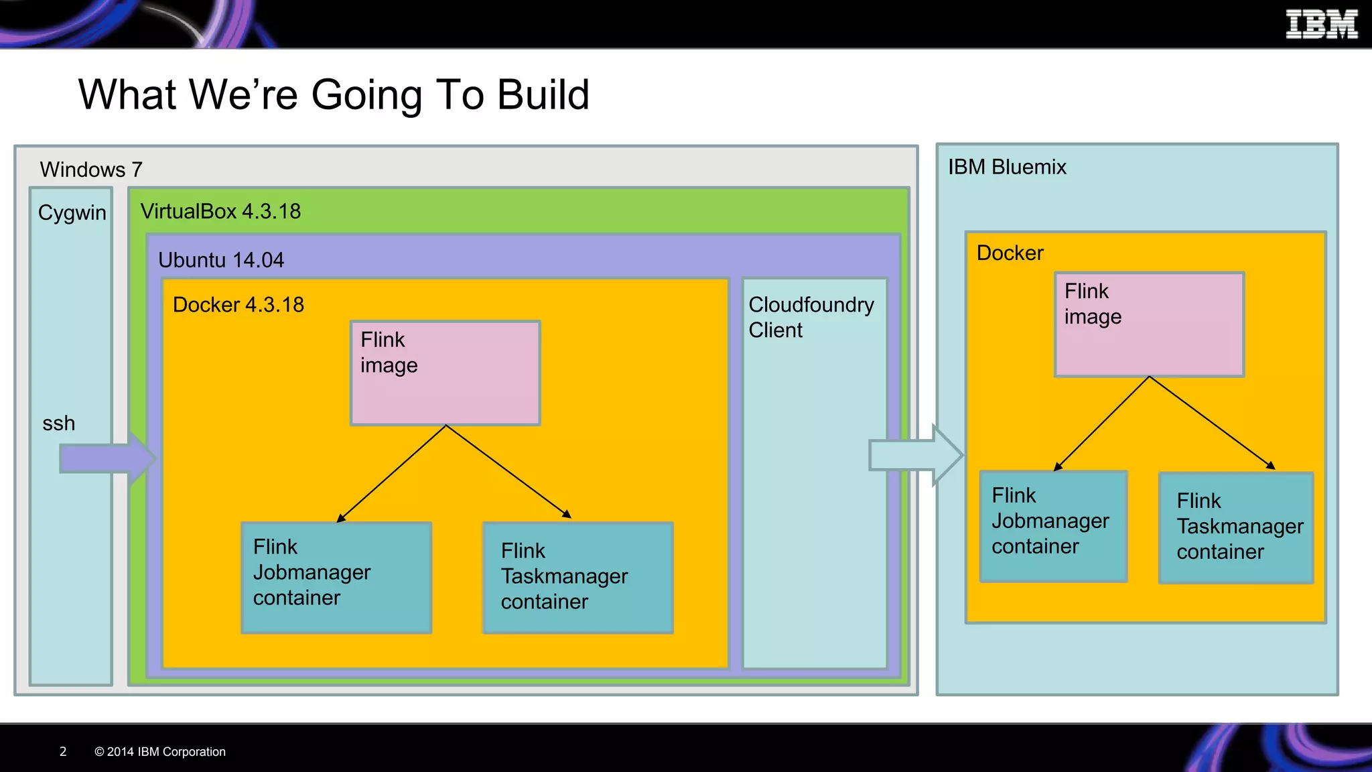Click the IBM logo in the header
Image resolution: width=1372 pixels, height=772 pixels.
tap(1321, 25)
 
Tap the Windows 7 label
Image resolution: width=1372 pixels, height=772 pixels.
tap(90, 170)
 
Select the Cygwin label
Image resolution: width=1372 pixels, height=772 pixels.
tap(72, 212)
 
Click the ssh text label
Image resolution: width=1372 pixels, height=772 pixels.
tap(58, 424)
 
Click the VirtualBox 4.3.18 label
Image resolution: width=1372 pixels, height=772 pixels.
tap(220, 211)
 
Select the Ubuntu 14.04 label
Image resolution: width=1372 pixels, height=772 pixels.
tap(220, 260)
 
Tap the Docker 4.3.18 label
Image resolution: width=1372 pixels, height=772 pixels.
tap(238, 305)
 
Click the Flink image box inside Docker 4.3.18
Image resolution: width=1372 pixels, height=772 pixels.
tap(445, 373)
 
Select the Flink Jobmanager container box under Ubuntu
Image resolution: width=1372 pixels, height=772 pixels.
tap(336, 577)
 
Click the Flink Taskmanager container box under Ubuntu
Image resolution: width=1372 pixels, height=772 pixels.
tap(577, 577)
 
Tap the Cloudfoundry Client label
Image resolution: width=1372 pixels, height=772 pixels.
tap(811, 317)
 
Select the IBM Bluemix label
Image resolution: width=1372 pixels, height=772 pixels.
tap(1006, 167)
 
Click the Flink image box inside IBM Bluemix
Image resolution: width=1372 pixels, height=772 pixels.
tap(1149, 324)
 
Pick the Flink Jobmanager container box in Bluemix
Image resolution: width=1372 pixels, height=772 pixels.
tap(1052, 526)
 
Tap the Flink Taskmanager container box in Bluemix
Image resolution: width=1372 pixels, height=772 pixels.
tap(1236, 527)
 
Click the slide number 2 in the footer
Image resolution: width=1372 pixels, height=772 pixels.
tap(63, 751)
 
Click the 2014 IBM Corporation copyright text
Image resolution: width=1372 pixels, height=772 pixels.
tap(160, 751)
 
